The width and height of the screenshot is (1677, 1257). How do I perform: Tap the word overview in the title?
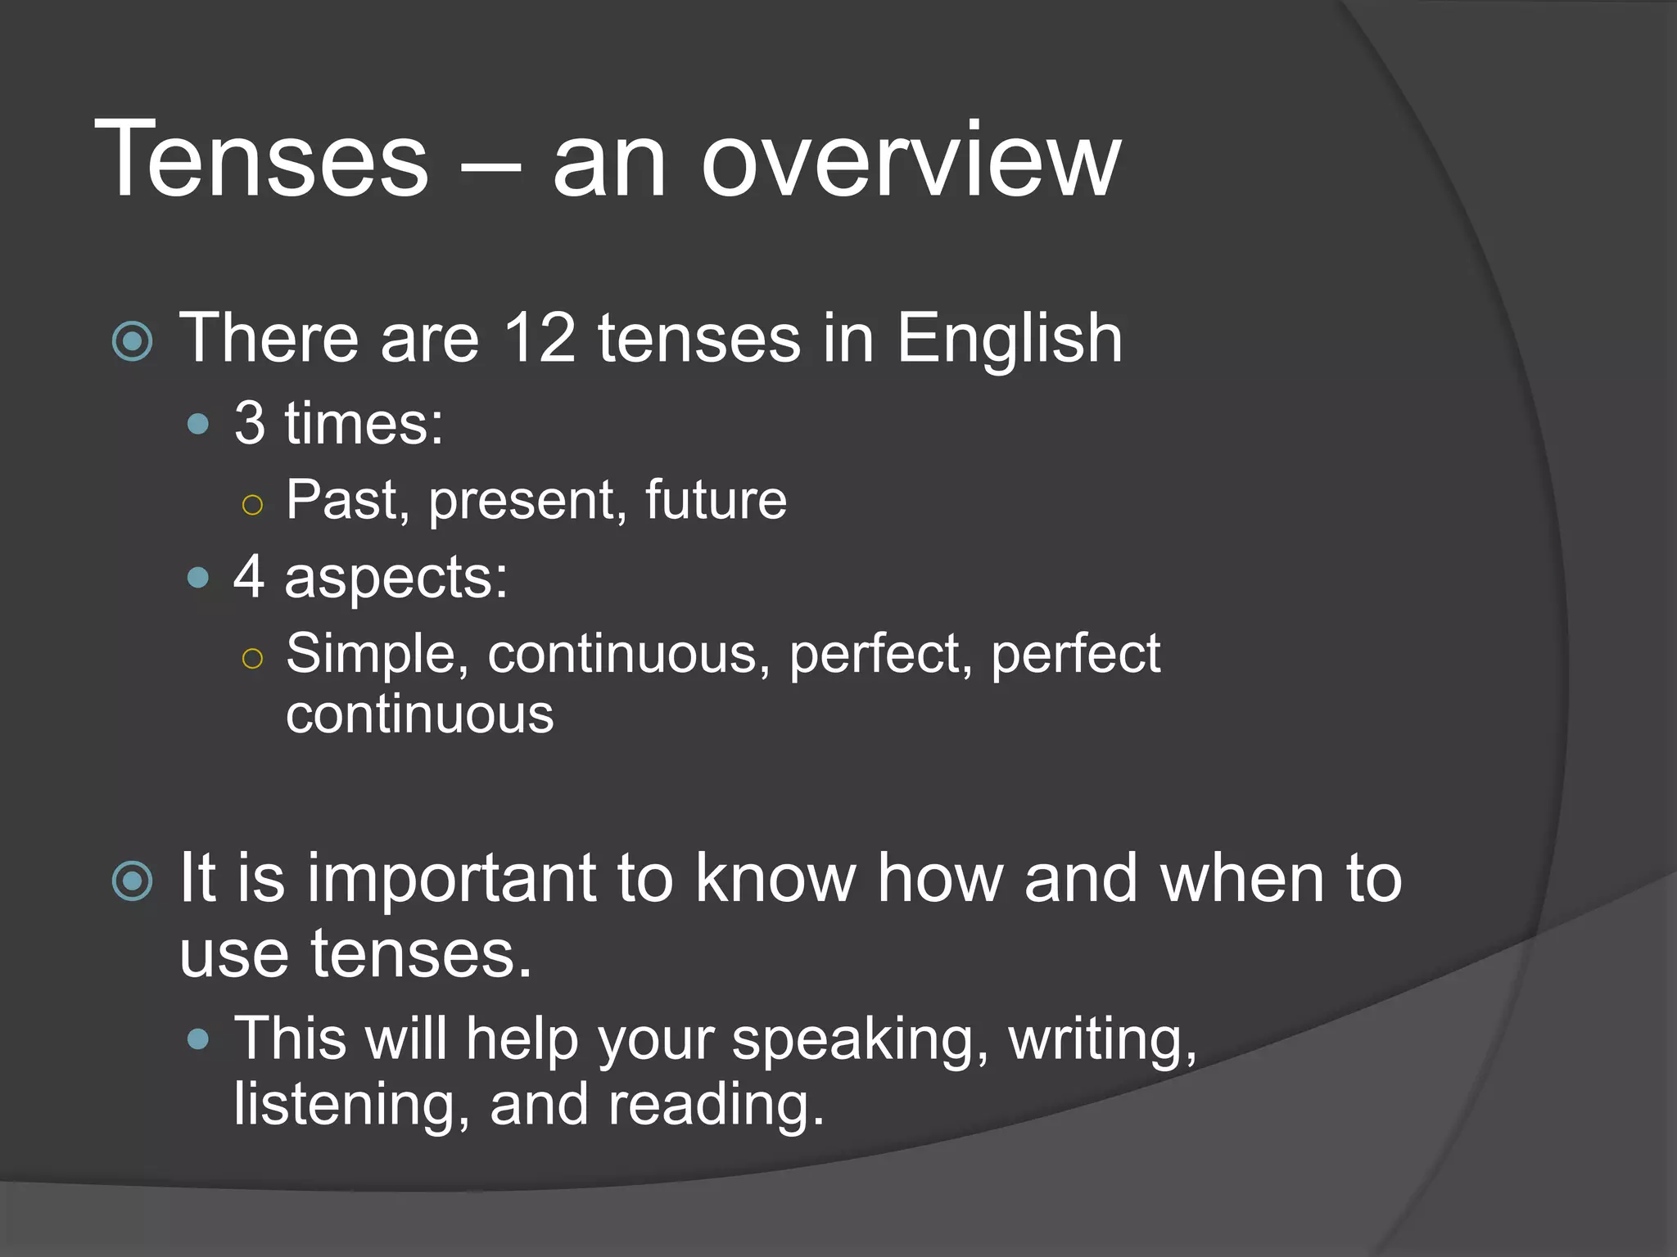[910, 160]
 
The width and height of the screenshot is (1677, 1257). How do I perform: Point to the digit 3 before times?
[250, 423]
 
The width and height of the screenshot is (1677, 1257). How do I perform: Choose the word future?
[716, 499]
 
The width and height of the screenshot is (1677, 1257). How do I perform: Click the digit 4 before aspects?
[249, 577]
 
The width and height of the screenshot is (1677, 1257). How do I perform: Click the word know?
[775, 878]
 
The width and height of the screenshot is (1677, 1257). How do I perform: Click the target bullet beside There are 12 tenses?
[133, 341]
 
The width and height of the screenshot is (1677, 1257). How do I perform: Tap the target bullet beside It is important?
[133, 881]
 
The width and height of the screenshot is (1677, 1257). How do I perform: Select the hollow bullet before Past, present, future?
[253, 505]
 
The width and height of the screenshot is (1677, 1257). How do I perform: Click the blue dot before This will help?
[198, 1040]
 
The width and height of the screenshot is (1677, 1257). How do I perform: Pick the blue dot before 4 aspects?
[198, 579]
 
